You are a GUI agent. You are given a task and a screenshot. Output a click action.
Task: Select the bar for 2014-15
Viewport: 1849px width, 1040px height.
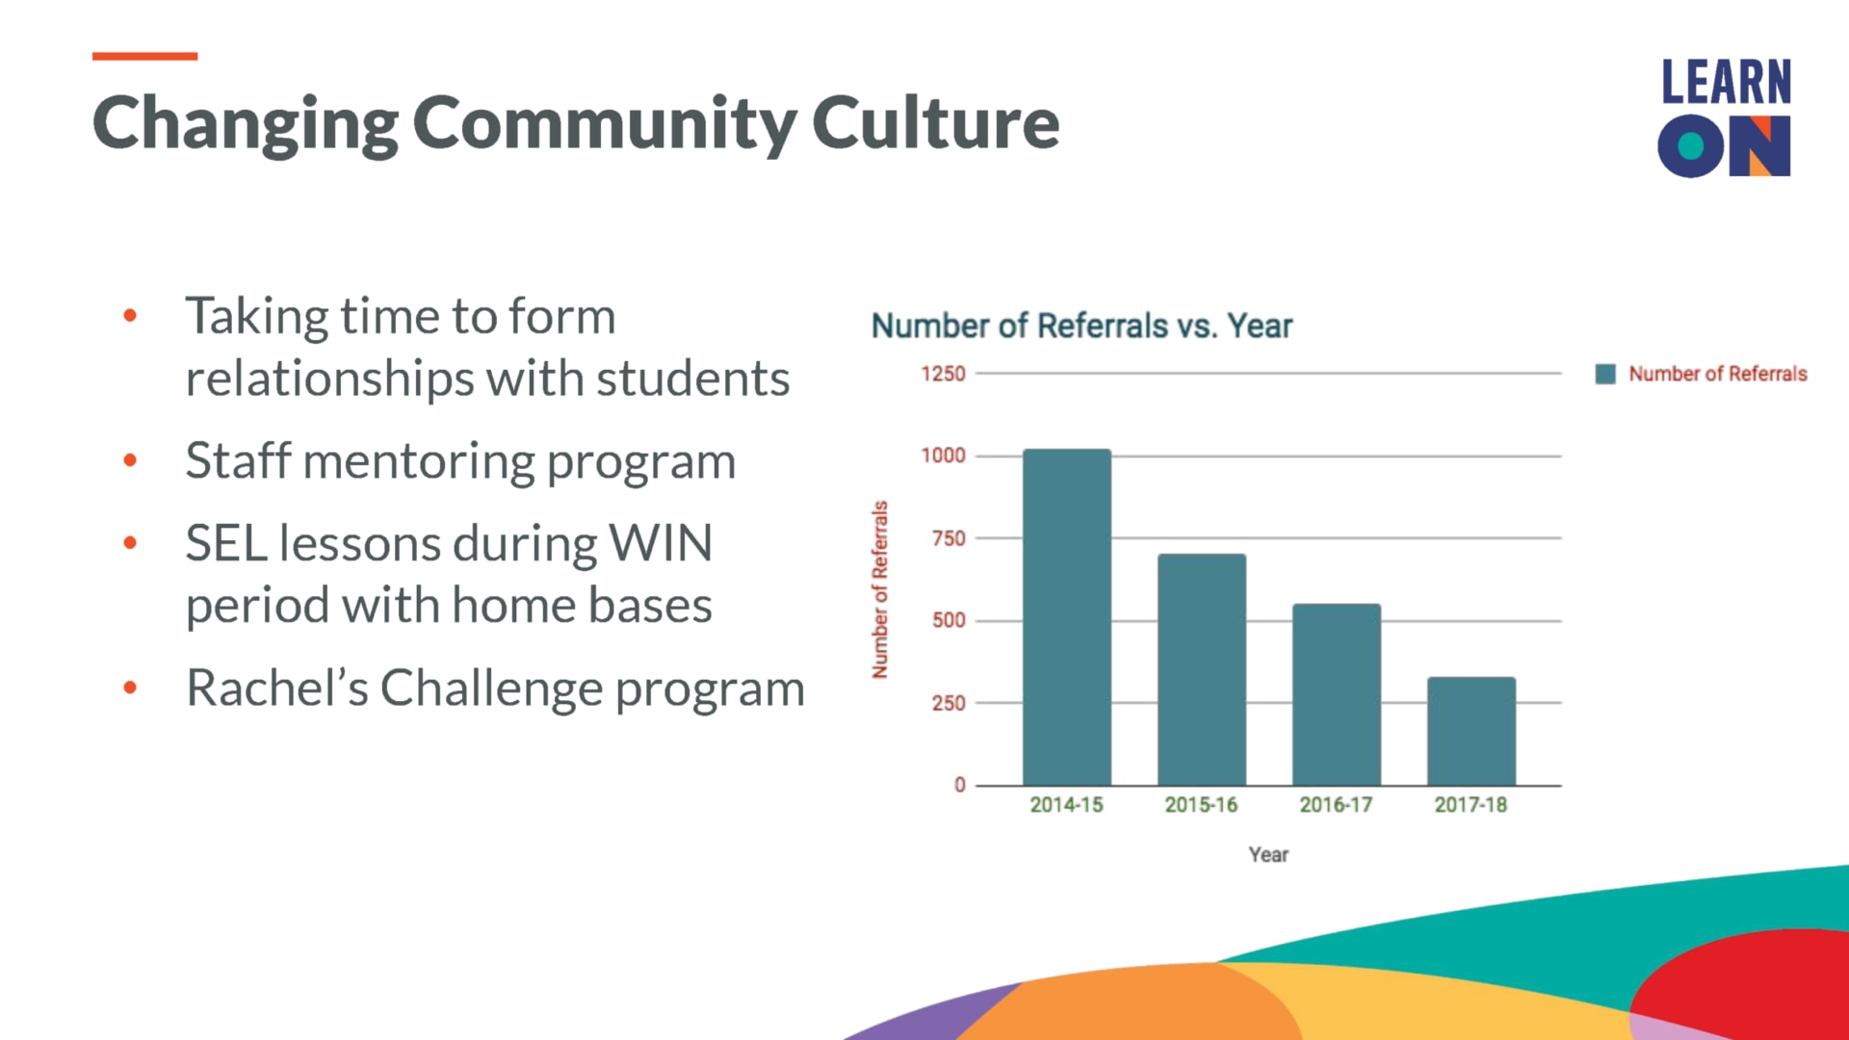pyautogui.click(x=1066, y=617)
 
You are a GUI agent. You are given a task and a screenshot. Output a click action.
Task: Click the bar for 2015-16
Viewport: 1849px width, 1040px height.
pyautogui.click(x=1201, y=669)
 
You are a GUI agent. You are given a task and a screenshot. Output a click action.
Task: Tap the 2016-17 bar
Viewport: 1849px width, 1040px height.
pyautogui.click(x=1336, y=694)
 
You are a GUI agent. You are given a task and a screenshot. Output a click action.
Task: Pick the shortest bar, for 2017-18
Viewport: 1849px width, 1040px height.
pyautogui.click(x=1471, y=731)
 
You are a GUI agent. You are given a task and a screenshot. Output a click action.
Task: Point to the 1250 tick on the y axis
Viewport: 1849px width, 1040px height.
pyautogui.click(x=943, y=374)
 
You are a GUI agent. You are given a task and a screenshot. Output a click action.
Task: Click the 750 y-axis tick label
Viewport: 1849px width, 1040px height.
pyautogui.click(x=949, y=538)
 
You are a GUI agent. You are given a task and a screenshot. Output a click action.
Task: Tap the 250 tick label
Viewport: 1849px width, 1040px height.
pyautogui.click(x=949, y=703)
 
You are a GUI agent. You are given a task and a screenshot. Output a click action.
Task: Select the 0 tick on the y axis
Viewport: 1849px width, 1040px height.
pyautogui.click(x=959, y=785)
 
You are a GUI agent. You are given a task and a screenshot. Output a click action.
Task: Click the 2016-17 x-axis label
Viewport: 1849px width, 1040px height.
pyautogui.click(x=1336, y=804)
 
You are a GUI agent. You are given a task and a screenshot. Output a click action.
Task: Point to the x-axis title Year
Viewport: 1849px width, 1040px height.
pyautogui.click(x=1268, y=854)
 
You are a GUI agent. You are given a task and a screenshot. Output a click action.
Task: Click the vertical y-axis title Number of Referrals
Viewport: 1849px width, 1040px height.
pyautogui.click(x=879, y=589)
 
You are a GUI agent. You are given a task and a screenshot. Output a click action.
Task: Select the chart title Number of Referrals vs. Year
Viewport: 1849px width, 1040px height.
pyautogui.click(x=1081, y=325)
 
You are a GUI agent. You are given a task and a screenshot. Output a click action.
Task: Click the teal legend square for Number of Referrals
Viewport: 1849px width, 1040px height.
pyautogui.click(x=1605, y=374)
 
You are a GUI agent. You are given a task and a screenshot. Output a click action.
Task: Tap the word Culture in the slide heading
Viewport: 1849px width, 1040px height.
pyautogui.click(x=935, y=122)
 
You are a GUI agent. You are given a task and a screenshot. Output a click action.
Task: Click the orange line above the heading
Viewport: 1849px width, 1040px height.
pyautogui.click(x=144, y=56)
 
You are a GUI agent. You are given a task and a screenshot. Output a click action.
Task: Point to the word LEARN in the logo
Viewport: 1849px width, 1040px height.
pyautogui.click(x=1726, y=82)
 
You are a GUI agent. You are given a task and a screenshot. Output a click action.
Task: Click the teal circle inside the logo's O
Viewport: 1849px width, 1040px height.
pyautogui.click(x=1691, y=146)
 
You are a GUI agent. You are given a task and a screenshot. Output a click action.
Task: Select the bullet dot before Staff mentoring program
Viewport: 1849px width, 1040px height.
pyautogui.click(x=130, y=460)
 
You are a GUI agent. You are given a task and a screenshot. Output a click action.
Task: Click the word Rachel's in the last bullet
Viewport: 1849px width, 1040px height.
pyautogui.click(x=276, y=688)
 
